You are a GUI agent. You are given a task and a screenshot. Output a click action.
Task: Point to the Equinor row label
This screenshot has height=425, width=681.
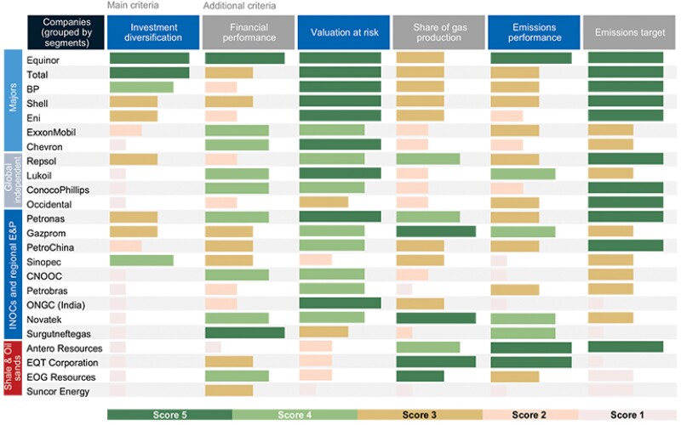(x=43, y=59)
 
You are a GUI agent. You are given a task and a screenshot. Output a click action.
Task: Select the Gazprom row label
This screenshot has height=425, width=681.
(x=46, y=232)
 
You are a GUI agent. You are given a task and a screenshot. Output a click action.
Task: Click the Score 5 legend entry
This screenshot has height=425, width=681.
(x=169, y=414)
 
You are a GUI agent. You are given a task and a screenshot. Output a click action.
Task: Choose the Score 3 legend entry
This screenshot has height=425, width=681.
(x=420, y=414)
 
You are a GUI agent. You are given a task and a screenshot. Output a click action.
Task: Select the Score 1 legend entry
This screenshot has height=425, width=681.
(x=628, y=414)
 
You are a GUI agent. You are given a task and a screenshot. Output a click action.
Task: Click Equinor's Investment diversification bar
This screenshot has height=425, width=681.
(x=149, y=59)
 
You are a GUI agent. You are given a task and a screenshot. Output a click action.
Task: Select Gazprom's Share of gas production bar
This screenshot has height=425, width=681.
(x=436, y=232)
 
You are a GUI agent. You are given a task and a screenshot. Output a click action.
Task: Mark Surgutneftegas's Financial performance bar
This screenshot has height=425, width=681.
(x=244, y=333)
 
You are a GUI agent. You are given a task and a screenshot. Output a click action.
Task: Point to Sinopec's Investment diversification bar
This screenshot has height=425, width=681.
(x=141, y=261)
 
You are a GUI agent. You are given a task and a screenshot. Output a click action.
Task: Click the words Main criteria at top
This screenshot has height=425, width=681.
(x=135, y=6)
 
